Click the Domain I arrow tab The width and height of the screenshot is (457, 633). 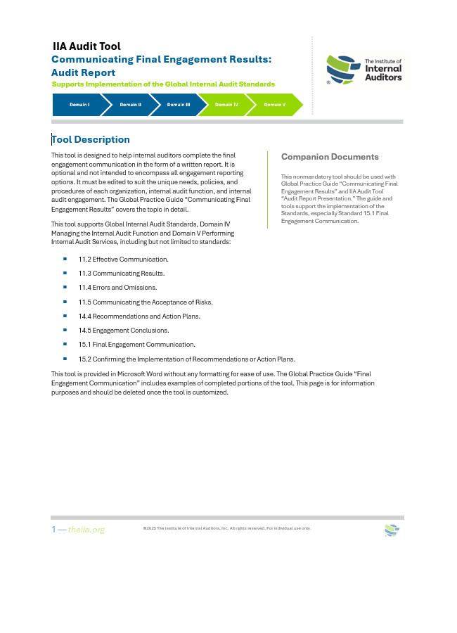79,105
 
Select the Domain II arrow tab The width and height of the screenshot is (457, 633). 130,105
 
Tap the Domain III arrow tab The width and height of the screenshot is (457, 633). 178,105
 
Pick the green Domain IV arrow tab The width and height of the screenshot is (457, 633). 226,105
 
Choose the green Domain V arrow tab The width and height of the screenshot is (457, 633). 274,105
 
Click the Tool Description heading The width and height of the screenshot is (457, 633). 91,139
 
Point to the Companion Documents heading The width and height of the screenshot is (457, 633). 330,157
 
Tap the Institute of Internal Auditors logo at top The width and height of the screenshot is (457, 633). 364,70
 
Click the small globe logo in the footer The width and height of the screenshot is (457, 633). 392,531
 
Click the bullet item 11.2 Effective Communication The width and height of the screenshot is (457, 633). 123,259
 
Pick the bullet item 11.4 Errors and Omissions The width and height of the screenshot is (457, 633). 117,287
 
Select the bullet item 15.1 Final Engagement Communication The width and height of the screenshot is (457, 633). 136,344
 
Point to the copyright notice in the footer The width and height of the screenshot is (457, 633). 226,528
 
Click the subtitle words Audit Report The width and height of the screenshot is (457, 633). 84,72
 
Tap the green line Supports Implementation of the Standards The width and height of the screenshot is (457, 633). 163,84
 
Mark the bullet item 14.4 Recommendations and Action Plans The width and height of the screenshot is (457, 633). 139,316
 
